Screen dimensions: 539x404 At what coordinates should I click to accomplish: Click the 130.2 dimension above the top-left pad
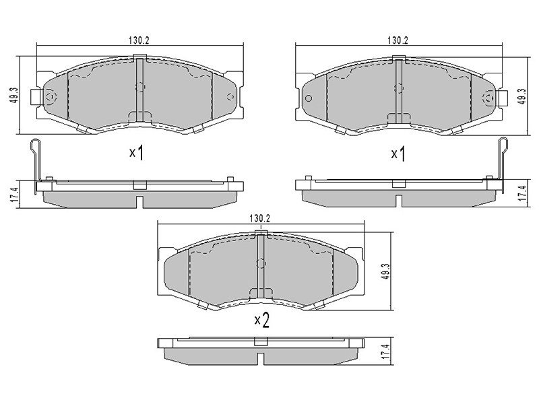point(139,40)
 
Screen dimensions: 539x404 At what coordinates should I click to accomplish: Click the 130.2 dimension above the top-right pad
point(398,40)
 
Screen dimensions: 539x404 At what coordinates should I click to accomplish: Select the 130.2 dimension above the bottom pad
point(259,218)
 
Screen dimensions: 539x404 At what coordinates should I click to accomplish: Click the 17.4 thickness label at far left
point(15,194)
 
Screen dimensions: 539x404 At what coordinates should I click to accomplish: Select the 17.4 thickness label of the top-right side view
point(523,193)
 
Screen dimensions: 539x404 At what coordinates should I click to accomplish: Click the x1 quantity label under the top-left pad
point(136,153)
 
